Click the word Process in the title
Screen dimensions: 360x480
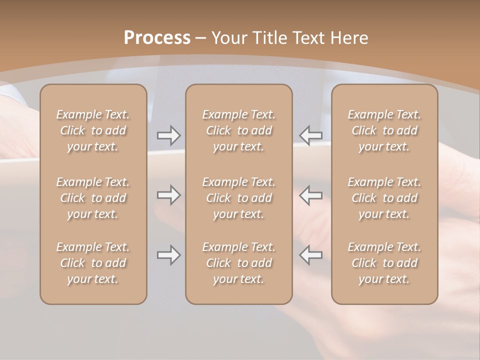click(157, 38)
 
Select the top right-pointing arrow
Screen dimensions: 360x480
click(169, 135)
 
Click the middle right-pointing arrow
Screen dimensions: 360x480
click(169, 195)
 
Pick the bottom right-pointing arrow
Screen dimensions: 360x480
click(169, 255)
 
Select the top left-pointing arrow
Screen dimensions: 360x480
click(310, 135)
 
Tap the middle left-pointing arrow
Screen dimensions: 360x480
click(310, 195)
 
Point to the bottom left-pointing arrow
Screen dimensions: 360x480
click(310, 255)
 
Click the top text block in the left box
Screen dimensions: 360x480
click(93, 130)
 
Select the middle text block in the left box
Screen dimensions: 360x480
click(93, 198)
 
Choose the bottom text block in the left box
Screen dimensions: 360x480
click(93, 263)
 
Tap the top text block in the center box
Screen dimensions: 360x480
click(238, 130)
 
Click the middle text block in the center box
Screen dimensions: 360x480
click(238, 198)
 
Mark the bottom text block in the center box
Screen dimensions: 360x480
click(238, 263)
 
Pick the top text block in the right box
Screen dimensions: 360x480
click(384, 130)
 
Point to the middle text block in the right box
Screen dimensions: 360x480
click(384, 198)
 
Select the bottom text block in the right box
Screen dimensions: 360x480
click(384, 263)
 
